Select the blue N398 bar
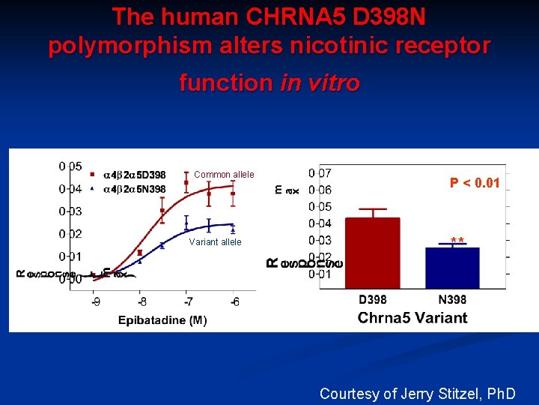click(451, 268)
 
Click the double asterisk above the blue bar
click(457, 241)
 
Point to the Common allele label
click(224, 175)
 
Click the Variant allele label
click(216, 242)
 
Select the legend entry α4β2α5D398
click(134, 176)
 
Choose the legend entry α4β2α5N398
click(134, 189)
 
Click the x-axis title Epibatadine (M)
click(162, 320)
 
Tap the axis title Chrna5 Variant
click(412, 317)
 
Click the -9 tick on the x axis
click(97, 301)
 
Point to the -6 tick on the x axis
click(235, 301)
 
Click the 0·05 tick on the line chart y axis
click(71, 166)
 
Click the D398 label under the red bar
click(372, 300)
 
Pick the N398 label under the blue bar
click(452, 300)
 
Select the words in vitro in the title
click(320, 82)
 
